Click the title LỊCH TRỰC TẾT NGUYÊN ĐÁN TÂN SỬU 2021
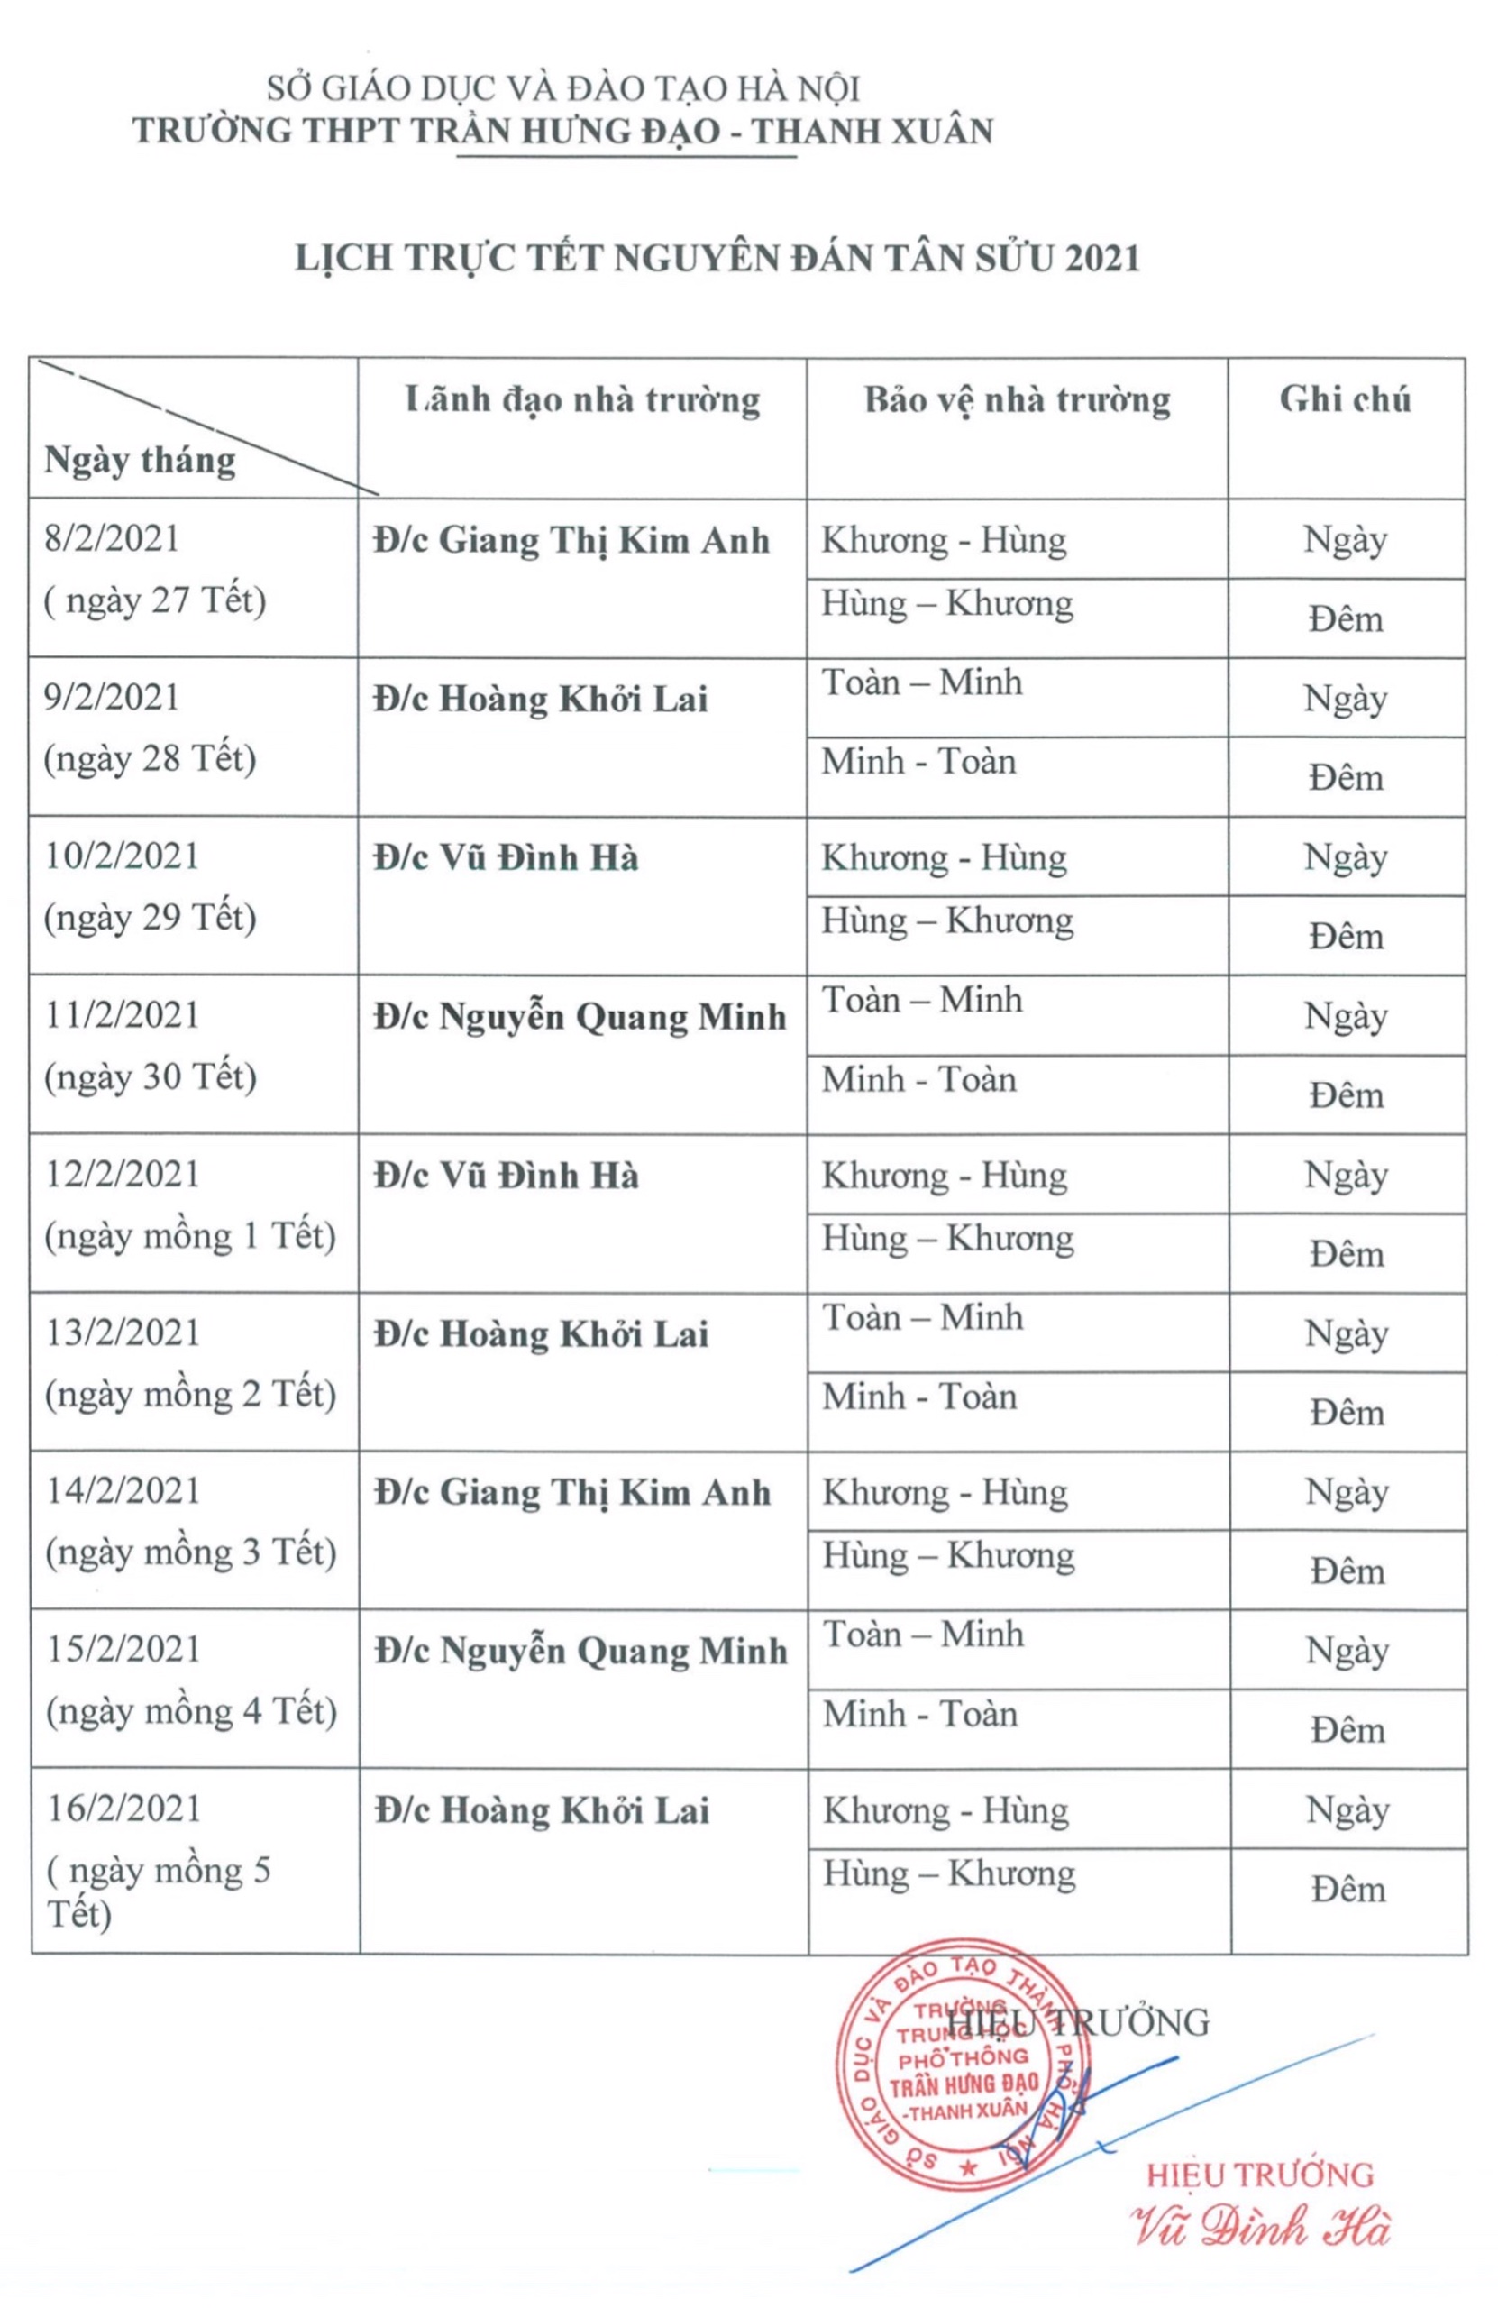[x=717, y=258]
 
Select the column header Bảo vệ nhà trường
[x=1017, y=400]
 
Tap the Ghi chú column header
[x=1344, y=399]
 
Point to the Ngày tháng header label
[x=140, y=460]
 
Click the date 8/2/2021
[x=113, y=539]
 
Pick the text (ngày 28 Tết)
[x=151, y=759]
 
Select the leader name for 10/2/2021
[x=507, y=858]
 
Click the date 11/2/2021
[x=123, y=1015]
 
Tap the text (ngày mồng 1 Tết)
[x=190, y=1236]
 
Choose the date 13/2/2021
[x=123, y=1333]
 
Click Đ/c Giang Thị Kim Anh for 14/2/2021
[x=573, y=1492]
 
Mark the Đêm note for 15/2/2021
[x=1347, y=1730]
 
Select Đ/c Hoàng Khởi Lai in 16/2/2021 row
[x=542, y=1810]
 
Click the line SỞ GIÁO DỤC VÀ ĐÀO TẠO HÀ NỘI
[x=563, y=89]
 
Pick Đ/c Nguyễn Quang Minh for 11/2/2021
[x=580, y=1017]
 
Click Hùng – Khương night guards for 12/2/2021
[x=947, y=1239]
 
